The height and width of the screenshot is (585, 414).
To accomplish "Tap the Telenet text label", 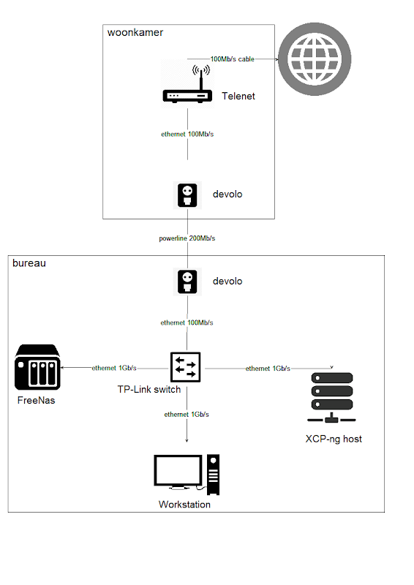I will coord(238,96).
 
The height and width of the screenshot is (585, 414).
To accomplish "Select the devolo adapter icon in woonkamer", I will coord(188,195).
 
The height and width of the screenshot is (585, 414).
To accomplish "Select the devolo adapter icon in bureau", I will coord(188,282).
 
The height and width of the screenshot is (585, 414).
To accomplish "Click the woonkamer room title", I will coord(135,32).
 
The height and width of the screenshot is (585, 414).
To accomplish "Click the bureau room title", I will coord(29,263).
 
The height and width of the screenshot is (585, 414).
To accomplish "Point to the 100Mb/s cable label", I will coord(232,58).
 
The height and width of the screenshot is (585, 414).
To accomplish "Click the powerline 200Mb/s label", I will coord(187,238).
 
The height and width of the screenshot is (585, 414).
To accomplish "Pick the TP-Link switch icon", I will coord(187,367).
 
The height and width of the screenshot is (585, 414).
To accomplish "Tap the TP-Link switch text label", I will coord(149,390).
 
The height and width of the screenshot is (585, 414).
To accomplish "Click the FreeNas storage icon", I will coord(37,368).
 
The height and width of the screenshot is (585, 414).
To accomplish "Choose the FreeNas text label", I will coord(37,401).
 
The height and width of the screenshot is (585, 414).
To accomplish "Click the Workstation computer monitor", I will coord(178,472).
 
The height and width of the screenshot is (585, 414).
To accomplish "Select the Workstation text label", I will coord(184,505).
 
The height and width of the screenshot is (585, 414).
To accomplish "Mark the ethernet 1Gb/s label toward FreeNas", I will coord(114,368).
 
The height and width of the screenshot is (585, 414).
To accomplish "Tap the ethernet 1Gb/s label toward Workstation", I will coord(187,415).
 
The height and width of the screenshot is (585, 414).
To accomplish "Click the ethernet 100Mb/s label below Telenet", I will coord(187,134).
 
